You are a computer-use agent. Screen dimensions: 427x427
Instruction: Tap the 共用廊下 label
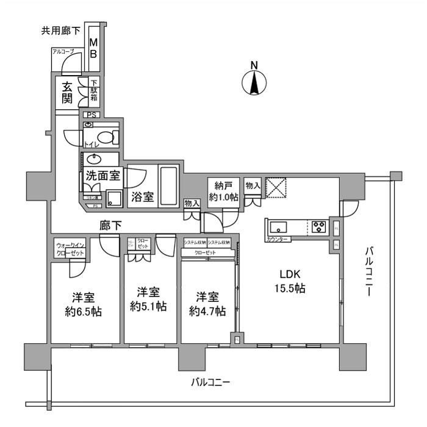(x=59, y=30)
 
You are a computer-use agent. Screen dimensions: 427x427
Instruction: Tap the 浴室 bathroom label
(x=142, y=198)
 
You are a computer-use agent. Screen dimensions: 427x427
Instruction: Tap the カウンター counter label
(x=278, y=239)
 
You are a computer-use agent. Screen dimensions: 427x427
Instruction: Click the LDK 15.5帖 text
(x=293, y=281)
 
